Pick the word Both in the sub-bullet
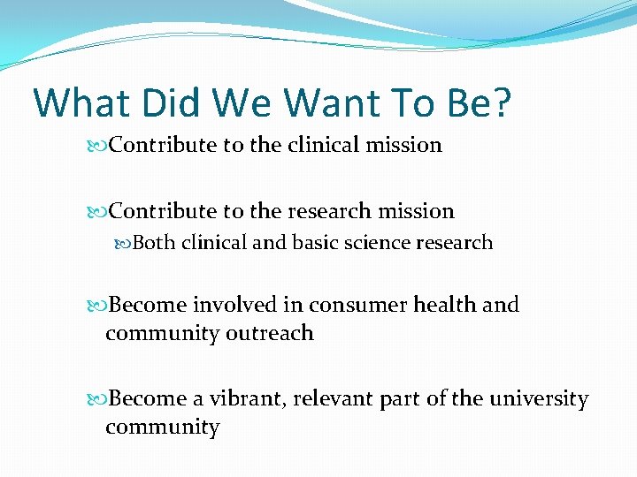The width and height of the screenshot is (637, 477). point(153,243)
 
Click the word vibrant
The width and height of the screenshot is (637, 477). point(254,399)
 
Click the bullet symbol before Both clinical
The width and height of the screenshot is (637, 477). point(123,244)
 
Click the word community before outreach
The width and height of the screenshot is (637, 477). point(162,333)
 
